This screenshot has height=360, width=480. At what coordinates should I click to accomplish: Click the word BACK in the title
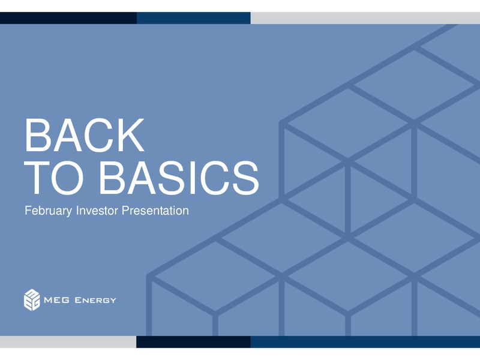point(84,135)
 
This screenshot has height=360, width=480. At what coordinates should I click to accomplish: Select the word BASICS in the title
point(179,178)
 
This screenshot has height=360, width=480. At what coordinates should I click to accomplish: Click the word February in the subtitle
point(49,211)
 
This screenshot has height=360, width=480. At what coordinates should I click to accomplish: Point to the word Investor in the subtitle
point(97,211)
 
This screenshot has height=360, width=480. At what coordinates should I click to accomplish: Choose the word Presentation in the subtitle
point(155,211)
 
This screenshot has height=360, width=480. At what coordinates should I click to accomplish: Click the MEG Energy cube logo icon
point(32,300)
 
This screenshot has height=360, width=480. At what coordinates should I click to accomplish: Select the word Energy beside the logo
point(95,301)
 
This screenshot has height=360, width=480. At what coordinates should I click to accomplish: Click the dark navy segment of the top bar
point(68,18)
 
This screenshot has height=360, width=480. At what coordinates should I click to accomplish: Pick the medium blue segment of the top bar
point(193,18)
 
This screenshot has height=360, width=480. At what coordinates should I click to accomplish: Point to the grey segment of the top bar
point(365,18)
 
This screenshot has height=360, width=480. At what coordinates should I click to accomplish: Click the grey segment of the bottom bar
point(68,342)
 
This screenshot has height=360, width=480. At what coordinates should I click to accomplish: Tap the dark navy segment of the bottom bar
point(193,342)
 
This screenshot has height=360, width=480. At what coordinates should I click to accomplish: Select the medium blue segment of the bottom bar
point(365,342)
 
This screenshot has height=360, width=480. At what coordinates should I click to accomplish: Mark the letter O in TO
point(67,178)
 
